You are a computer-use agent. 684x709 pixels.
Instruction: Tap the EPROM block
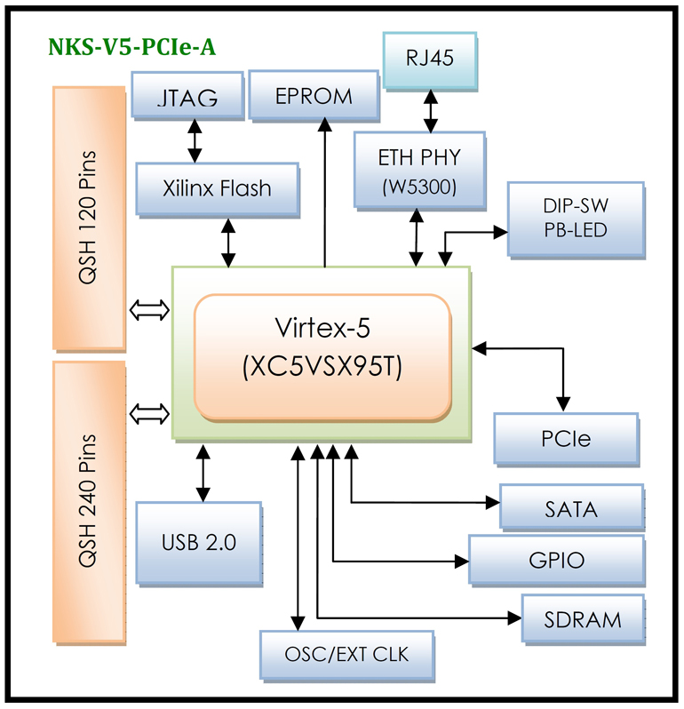(314, 96)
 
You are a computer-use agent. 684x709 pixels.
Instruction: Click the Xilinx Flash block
(217, 188)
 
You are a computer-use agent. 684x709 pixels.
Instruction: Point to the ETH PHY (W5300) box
(419, 170)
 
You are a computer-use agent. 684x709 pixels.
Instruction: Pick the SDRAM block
(582, 619)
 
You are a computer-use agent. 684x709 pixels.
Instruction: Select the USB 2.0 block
(199, 542)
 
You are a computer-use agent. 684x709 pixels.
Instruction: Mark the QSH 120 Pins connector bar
(89, 218)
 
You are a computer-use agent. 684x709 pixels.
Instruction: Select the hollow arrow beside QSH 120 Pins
(149, 310)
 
